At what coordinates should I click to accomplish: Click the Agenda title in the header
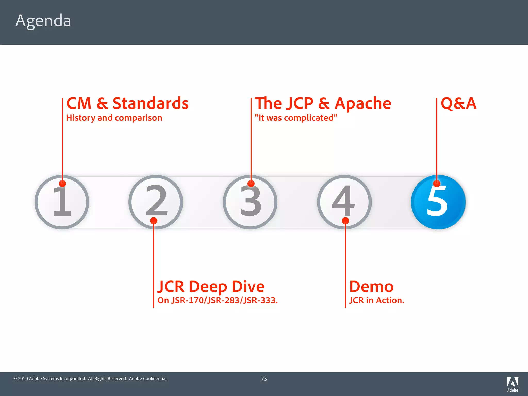pyautogui.click(x=43, y=21)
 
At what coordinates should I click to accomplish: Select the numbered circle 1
pyautogui.click(x=62, y=202)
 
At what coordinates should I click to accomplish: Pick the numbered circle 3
pyautogui.click(x=250, y=202)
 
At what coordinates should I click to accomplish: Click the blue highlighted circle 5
pyautogui.click(x=438, y=202)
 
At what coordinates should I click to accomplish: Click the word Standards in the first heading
pyautogui.click(x=151, y=104)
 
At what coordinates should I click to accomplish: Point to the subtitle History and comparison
pyautogui.click(x=114, y=118)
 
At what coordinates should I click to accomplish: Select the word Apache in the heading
pyautogui.click(x=363, y=104)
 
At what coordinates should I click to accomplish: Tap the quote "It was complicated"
pyautogui.click(x=296, y=118)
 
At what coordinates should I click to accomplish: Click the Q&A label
pyautogui.click(x=458, y=104)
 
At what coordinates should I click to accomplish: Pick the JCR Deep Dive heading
pyautogui.click(x=211, y=286)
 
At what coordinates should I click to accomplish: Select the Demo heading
pyautogui.click(x=371, y=286)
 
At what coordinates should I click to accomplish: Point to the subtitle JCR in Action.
pyautogui.click(x=377, y=300)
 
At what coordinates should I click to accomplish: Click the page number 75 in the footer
pyautogui.click(x=264, y=379)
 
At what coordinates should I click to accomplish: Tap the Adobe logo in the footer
pyautogui.click(x=513, y=384)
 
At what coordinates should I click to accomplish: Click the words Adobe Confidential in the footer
pyautogui.click(x=148, y=379)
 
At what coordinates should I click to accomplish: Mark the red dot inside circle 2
pyautogui.click(x=154, y=221)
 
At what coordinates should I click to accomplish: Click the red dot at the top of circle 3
pyautogui.click(x=251, y=184)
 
